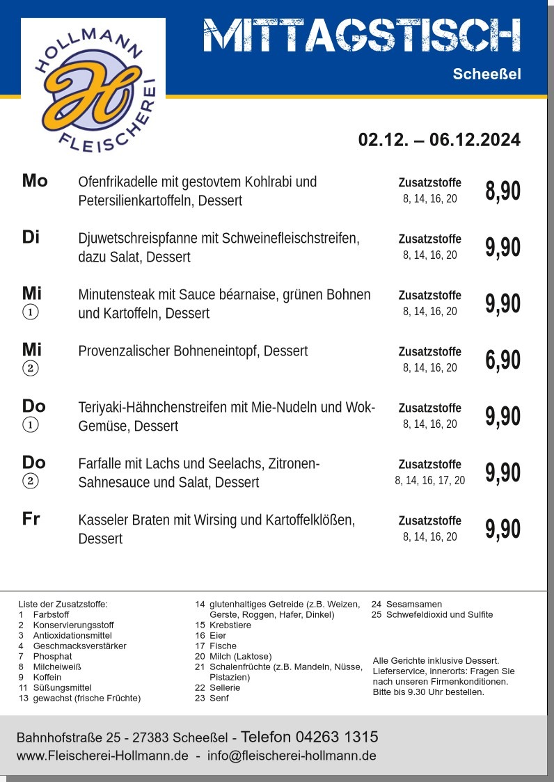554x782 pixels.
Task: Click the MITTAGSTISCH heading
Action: [362, 36]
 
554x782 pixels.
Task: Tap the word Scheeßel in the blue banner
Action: [486, 74]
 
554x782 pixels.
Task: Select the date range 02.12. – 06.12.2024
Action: [439, 140]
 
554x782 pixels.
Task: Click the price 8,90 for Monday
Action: [502, 191]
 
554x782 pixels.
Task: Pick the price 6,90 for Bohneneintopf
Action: [502, 360]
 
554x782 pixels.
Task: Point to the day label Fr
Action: [31, 519]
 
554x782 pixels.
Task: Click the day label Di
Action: [31, 237]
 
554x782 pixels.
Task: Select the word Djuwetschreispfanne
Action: [138, 239]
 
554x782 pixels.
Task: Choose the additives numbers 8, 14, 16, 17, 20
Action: [429, 480]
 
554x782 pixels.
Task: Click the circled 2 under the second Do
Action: [31, 481]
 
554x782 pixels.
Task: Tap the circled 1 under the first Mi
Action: [31, 312]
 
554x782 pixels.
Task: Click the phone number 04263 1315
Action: [337, 737]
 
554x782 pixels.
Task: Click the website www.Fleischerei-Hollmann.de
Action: [102, 756]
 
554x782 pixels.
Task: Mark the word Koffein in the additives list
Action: [47, 677]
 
